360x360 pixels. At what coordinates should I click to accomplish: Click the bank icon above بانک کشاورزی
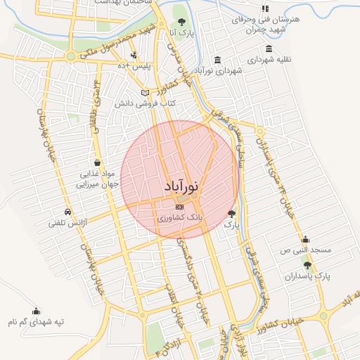coord(180,207)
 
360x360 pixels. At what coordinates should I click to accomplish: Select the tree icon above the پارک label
coord(232,213)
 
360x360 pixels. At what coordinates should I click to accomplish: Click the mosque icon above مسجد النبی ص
coord(305,240)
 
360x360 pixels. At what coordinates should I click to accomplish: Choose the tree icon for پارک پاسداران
coord(307,264)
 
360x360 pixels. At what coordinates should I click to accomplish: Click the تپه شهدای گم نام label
coord(36,321)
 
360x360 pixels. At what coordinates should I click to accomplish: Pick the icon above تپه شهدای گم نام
coord(36,310)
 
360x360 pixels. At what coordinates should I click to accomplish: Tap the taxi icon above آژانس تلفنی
coord(67,212)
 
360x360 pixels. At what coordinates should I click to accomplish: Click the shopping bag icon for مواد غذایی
coord(96,162)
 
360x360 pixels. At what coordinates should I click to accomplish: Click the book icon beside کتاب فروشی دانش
coord(146,93)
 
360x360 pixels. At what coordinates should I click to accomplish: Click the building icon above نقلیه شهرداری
coord(268,49)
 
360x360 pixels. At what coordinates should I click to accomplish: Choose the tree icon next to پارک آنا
coord(182,22)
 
